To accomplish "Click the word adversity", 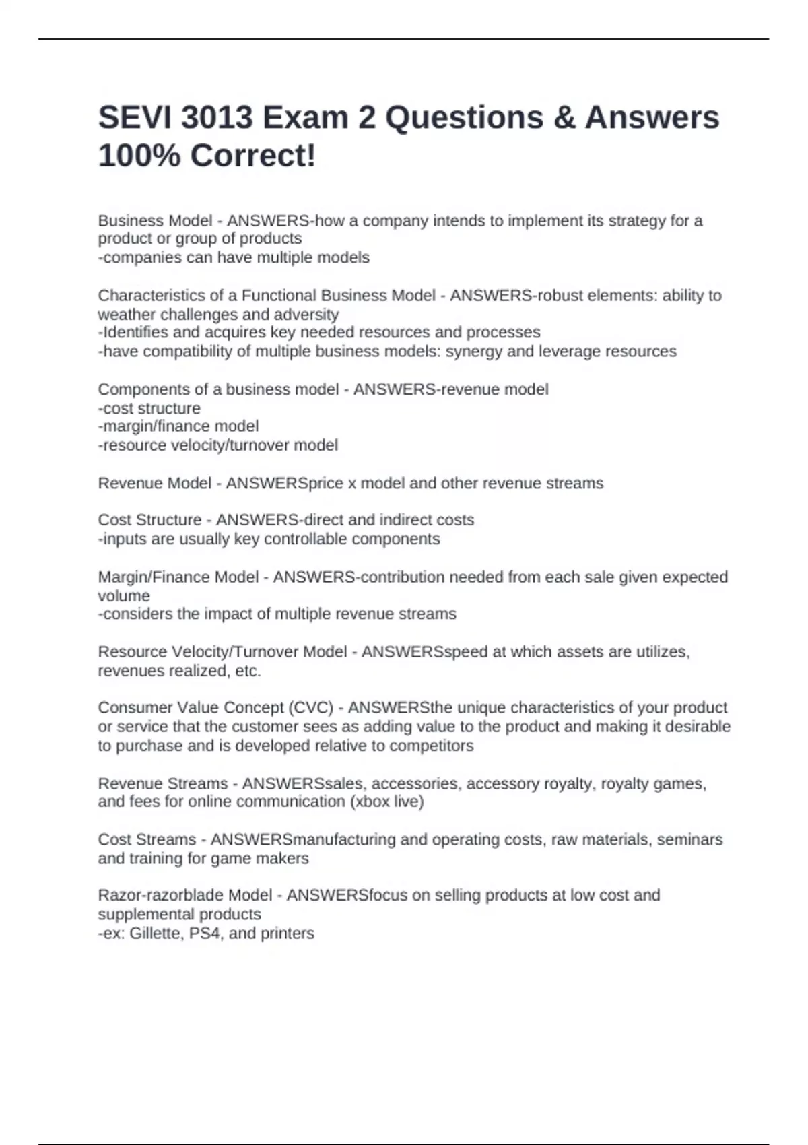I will tap(306, 315).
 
